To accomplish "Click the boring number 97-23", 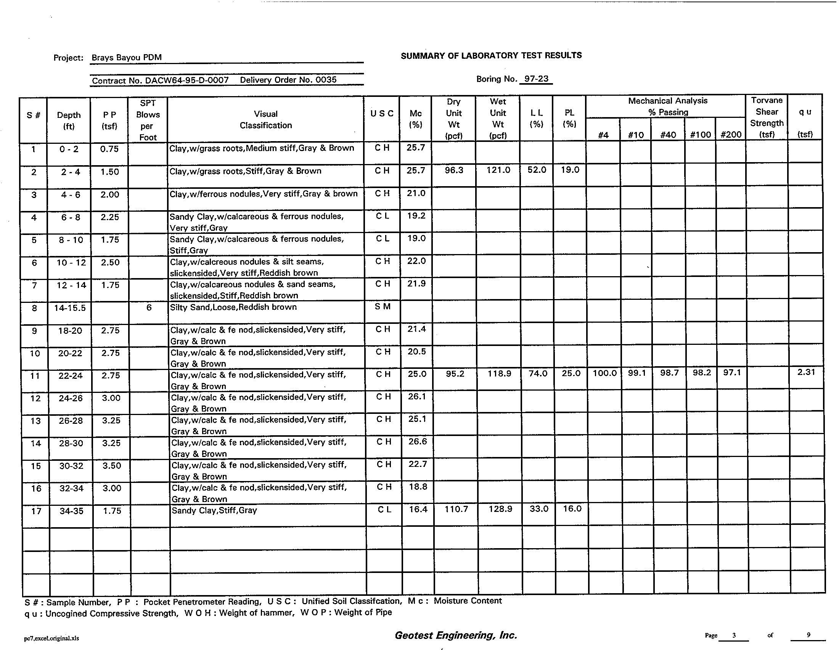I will click(x=536, y=79).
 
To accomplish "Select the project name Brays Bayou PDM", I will click(x=126, y=58).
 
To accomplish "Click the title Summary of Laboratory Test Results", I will click(x=491, y=55).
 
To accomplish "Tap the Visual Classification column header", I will click(x=265, y=119).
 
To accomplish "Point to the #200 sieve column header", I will click(x=731, y=135).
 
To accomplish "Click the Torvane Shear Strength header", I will click(x=767, y=117).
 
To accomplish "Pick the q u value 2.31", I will click(x=805, y=372).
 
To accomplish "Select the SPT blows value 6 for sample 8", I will click(x=149, y=307).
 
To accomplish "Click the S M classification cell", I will click(x=382, y=307).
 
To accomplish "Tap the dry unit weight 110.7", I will click(x=456, y=509).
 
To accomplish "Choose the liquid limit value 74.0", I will click(x=538, y=373).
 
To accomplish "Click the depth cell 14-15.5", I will click(x=70, y=308).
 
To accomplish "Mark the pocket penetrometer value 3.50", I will click(x=111, y=466).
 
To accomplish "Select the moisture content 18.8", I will click(x=418, y=487).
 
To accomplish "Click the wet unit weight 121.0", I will click(x=498, y=170).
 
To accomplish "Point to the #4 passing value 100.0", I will click(x=604, y=373).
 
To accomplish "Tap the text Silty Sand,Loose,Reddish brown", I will click(x=233, y=307).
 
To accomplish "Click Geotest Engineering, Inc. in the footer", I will click(x=456, y=635).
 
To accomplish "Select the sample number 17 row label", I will click(x=36, y=511).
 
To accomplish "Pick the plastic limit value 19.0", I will click(x=570, y=170).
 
